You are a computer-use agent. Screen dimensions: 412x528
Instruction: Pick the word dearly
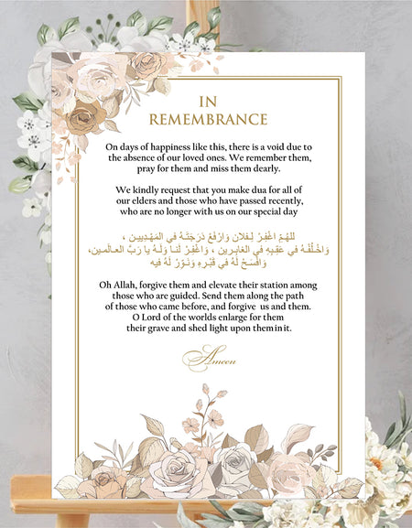(259, 168)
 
